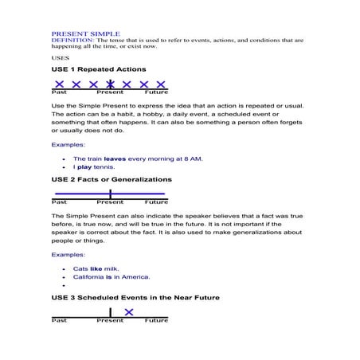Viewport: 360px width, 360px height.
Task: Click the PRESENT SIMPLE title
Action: point(85,33)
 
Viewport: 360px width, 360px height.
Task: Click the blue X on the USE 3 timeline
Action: point(129,311)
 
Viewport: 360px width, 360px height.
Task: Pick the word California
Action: point(90,277)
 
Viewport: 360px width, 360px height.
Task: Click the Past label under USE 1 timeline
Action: point(59,92)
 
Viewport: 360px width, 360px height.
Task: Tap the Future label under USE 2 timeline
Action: point(156,203)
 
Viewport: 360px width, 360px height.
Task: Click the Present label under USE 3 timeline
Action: point(110,320)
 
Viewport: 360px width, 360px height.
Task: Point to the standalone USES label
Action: point(61,57)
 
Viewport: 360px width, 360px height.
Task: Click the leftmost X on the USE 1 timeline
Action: point(59,84)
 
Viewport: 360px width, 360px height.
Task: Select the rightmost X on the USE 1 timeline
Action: point(160,84)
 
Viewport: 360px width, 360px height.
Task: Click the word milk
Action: point(111,268)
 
